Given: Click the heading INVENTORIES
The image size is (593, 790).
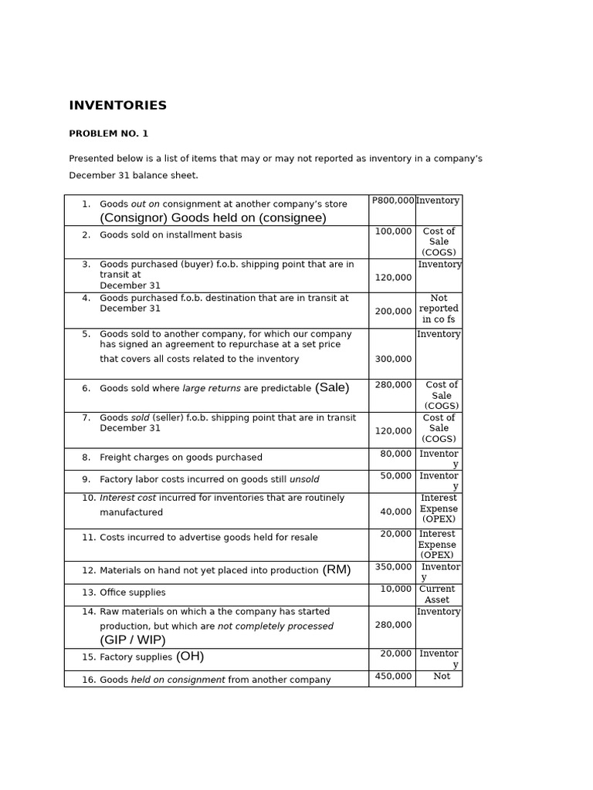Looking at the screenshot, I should [x=117, y=106].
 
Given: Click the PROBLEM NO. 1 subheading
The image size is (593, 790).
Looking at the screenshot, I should [x=108, y=133].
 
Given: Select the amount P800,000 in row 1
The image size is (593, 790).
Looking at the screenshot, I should [x=393, y=201].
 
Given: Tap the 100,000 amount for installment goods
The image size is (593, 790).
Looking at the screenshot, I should [x=393, y=231].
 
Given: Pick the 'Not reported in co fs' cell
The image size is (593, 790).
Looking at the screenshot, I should [x=438, y=309].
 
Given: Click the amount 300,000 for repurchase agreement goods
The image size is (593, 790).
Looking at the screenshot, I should [x=393, y=359].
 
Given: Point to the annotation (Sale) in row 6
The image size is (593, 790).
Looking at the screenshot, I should [x=332, y=388].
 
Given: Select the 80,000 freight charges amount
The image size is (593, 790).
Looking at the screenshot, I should [x=395, y=454].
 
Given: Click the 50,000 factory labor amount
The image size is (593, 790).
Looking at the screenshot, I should [x=395, y=476].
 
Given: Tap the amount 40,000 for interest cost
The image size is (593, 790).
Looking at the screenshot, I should [x=395, y=511].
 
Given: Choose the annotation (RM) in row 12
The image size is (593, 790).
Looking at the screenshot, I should [x=337, y=570].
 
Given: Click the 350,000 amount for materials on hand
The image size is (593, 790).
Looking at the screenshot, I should [x=393, y=567].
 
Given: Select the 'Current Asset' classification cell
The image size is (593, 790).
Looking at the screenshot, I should [x=437, y=594].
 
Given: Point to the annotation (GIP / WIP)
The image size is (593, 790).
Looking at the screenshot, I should [x=133, y=640].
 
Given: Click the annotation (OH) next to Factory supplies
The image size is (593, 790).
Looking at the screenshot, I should [x=190, y=657].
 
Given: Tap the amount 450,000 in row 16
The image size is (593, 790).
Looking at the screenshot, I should [x=393, y=677].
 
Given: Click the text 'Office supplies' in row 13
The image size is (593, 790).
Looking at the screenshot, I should [x=132, y=592].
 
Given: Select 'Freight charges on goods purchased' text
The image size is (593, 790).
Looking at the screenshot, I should [x=181, y=457].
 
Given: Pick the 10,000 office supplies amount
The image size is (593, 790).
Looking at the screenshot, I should [x=395, y=589].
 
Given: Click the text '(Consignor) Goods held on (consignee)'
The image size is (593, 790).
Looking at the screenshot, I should [x=213, y=218].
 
